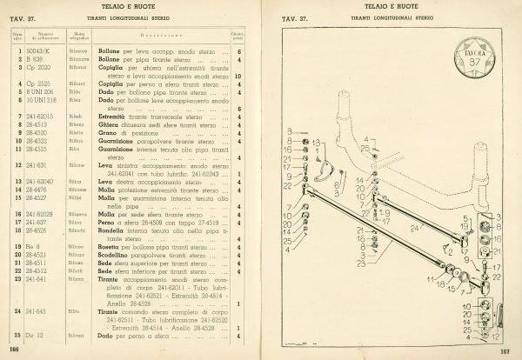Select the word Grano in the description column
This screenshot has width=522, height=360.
pos(110,130)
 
